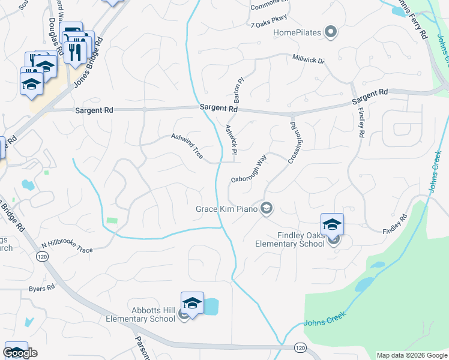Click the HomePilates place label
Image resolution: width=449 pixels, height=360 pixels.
(298, 32)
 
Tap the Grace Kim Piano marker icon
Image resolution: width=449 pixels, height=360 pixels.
(267, 209)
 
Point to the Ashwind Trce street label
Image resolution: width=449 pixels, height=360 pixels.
(187, 146)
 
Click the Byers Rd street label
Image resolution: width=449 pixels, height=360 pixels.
(41, 289)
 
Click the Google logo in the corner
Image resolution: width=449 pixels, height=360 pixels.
(20, 353)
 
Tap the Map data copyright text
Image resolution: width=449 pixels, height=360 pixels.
(411, 355)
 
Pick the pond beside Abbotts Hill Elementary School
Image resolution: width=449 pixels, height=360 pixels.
(211, 307)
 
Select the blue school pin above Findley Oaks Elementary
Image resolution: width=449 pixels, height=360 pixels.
(332, 224)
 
